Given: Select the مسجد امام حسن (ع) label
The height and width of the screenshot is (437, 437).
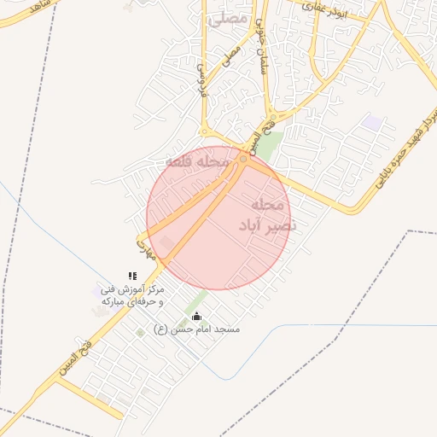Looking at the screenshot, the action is pyautogui.click(x=197, y=329).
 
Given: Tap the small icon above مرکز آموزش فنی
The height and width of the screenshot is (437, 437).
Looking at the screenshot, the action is pyautogui.click(x=132, y=276).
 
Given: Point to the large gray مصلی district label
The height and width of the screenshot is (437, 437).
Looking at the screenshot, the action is pyautogui.click(x=227, y=17).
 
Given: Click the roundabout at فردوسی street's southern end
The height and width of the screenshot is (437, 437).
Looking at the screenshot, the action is pyautogui.click(x=205, y=131).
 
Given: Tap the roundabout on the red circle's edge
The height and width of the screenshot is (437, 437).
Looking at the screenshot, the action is pyautogui.click(x=244, y=160).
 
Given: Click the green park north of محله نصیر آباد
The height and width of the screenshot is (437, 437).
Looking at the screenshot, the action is pyautogui.click(x=270, y=145).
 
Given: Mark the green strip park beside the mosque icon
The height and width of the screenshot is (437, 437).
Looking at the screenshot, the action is pyautogui.click(x=195, y=302).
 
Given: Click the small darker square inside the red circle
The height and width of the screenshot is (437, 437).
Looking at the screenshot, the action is pyautogui.click(x=166, y=243).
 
